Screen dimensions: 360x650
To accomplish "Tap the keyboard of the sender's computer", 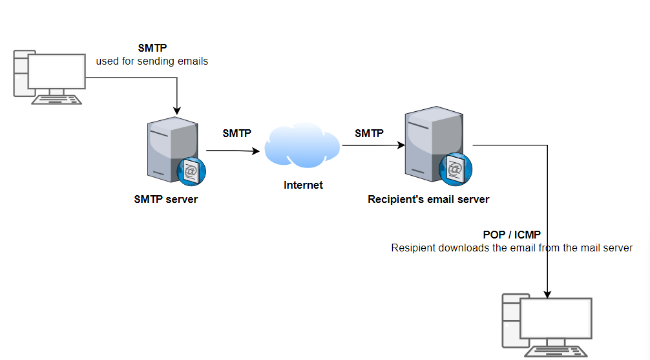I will tap(58, 100).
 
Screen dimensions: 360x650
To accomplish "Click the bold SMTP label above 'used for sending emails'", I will tap(152, 48).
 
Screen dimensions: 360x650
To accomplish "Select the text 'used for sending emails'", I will tap(152, 61).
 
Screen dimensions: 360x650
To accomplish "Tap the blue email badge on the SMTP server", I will tap(191, 171).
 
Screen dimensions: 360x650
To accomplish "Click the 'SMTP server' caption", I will tap(166, 199).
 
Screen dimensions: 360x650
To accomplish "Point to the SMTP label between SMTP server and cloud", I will tap(237, 134).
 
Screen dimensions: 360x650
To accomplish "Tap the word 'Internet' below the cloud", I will tap(303, 185).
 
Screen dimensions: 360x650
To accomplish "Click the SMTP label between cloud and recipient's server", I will tap(369, 134).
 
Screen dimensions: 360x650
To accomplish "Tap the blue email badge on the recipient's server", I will tap(455, 169).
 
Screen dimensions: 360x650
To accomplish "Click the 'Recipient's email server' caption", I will tap(428, 199).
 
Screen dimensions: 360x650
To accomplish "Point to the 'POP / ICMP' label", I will tap(512, 235).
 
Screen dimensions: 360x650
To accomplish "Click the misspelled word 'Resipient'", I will tap(414, 248).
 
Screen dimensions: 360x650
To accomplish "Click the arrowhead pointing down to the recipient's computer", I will tap(548, 294).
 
